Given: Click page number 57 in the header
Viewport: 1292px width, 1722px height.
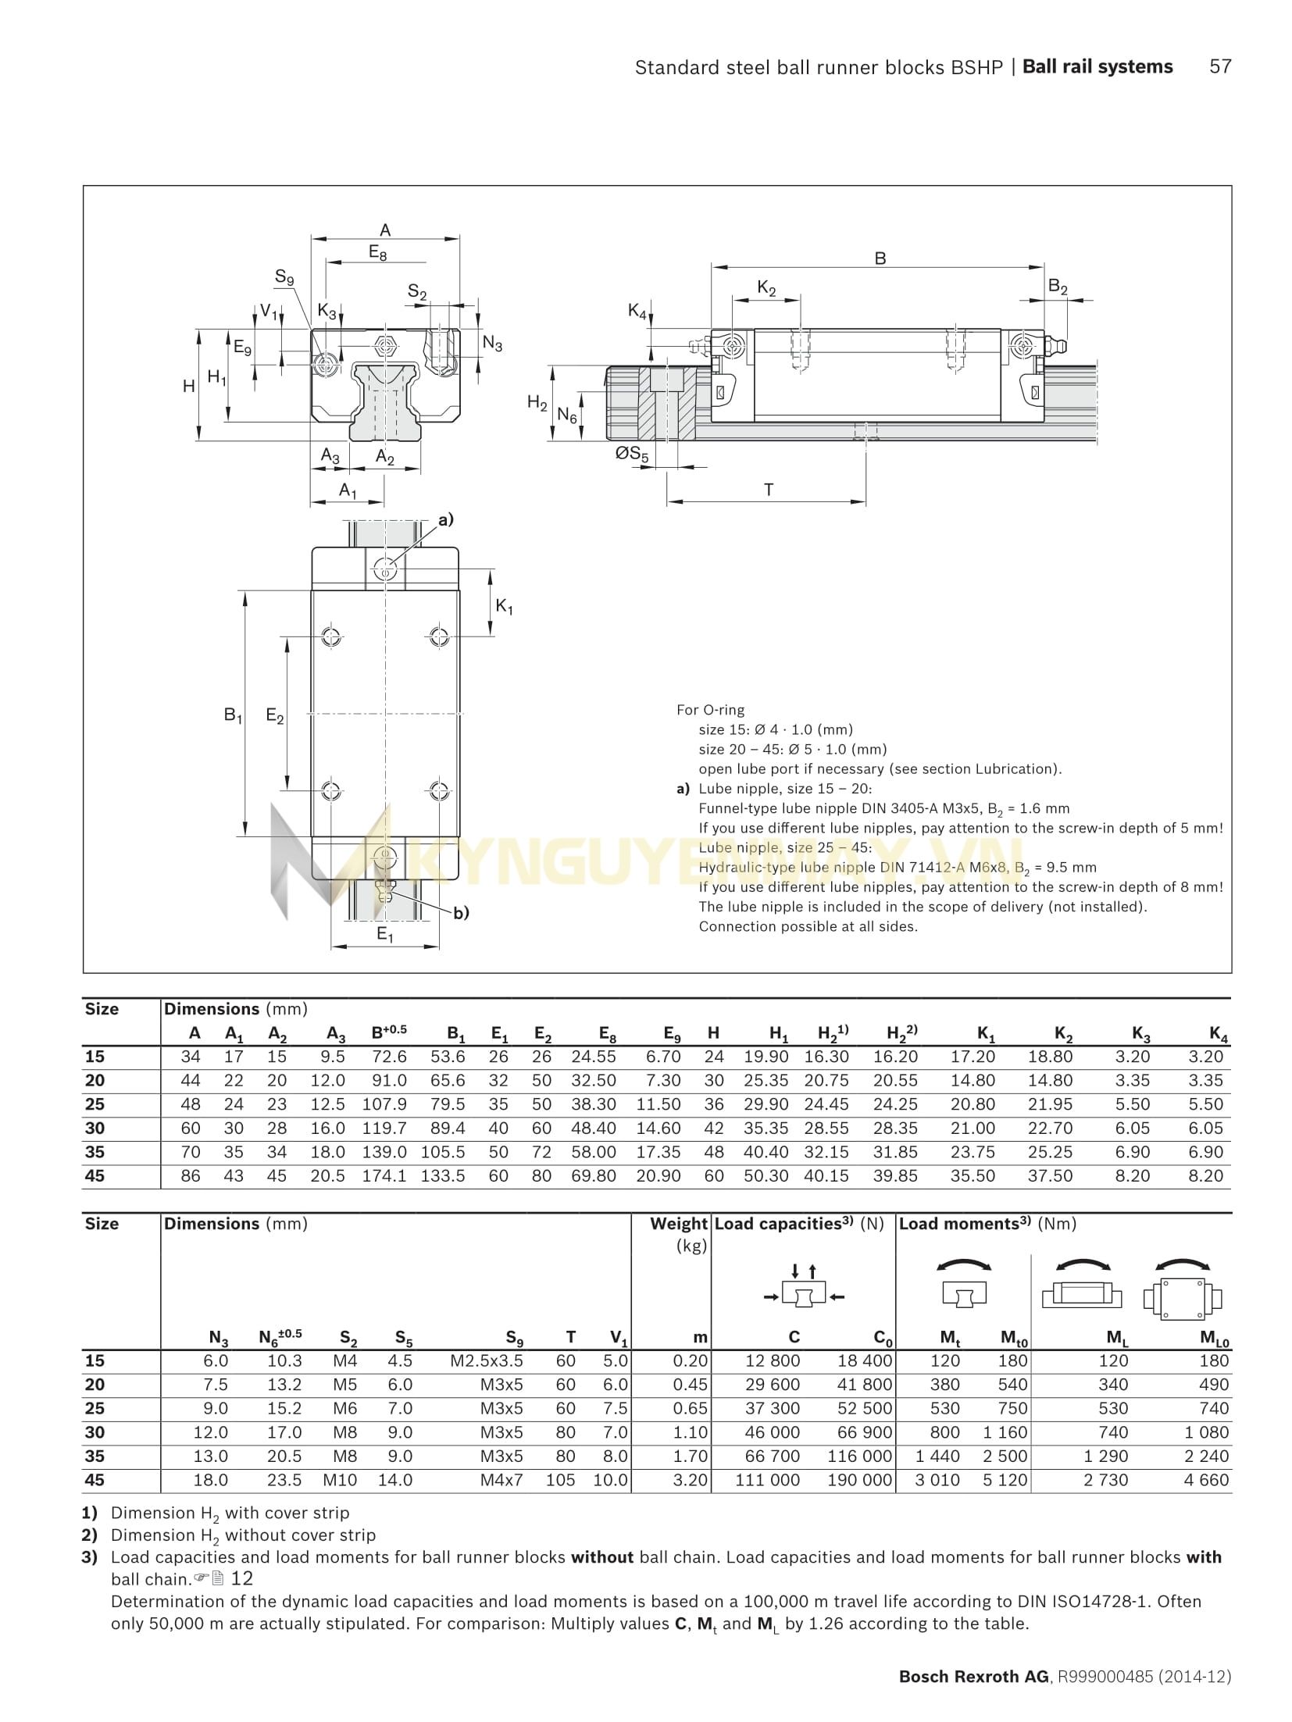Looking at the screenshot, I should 1219,67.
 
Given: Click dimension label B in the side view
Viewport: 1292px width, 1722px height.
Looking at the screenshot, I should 880,258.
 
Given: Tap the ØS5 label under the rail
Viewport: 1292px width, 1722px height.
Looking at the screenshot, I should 632,453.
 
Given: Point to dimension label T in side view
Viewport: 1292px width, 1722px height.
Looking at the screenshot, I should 769,490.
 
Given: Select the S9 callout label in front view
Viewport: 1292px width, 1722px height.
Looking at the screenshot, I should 284,276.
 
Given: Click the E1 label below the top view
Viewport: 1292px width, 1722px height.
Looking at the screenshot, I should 384,934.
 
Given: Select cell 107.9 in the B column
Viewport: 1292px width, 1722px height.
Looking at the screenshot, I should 384,1104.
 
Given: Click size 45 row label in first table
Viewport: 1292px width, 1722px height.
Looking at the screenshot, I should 95,1175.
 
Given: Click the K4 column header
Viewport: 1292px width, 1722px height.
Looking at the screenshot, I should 1218,1034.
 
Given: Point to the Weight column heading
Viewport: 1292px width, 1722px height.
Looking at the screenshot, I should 678,1224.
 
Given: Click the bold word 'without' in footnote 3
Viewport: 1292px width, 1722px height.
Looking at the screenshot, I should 601,1557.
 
